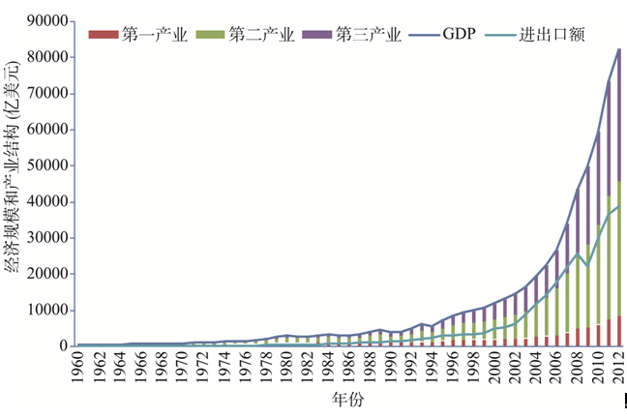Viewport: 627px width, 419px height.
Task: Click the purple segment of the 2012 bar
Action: (618, 116)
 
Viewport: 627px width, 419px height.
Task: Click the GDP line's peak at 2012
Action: (618, 48)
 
